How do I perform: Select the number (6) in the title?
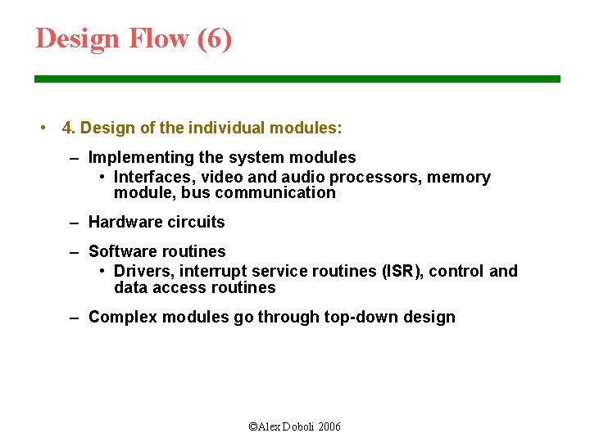215,38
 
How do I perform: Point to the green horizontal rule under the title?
297,79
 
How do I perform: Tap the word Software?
121,251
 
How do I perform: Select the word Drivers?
142,272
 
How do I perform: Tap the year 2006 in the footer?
328,427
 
